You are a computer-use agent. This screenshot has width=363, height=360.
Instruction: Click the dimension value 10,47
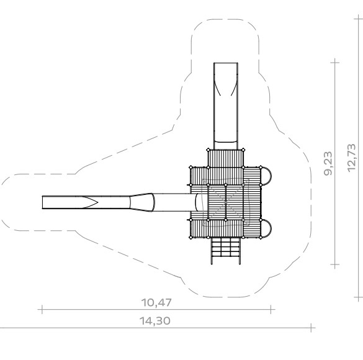156,302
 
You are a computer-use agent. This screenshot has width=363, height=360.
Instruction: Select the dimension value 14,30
155,321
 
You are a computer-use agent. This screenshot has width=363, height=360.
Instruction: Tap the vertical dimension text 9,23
328,163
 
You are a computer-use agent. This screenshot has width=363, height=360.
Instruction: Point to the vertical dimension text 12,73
351,158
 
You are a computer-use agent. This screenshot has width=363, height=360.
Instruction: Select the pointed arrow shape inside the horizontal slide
91,202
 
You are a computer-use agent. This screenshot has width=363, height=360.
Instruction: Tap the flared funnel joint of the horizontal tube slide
142,202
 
